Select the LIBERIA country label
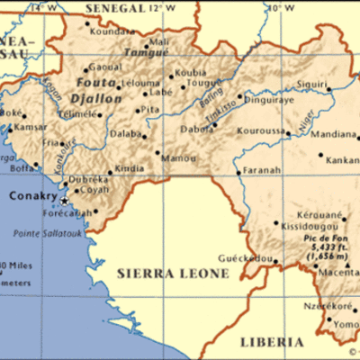tap(271, 342)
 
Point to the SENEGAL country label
tap(112, 8)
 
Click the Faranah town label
tap(261, 171)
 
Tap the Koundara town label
tap(112, 29)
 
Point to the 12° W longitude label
tap(157, 8)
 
